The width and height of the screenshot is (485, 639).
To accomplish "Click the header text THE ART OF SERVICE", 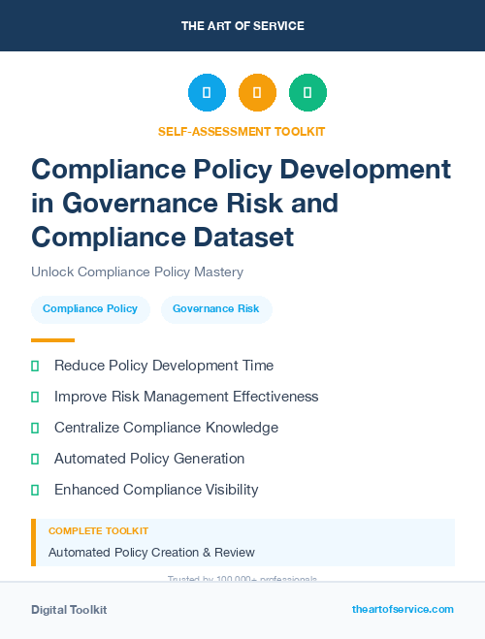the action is pyautogui.click(x=242, y=26).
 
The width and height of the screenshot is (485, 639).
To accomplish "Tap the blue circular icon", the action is pyautogui.click(x=207, y=93).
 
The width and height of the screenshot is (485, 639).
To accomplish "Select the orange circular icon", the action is pyautogui.click(x=257, y=93).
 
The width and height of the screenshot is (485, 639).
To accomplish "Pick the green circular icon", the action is pyautogui.click(x=307, y=93).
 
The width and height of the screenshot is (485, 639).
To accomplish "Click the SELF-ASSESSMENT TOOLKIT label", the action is pyautogui.click(x=242, y=131).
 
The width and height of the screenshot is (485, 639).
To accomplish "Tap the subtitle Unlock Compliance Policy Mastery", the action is pyautogui.click(x=137, y=272).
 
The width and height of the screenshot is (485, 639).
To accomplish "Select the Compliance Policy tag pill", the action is pyautogui.click(x=90, y=309).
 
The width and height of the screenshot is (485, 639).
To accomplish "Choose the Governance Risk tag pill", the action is pyautogui.click(x=216, y=309).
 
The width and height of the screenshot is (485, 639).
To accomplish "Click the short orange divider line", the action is pyautogui.click(x=52, y=340).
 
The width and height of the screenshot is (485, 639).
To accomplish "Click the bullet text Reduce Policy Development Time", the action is pyautogui.click(x=164, y=366).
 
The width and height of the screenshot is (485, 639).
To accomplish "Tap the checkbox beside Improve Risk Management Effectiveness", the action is pyautogui.click(x=35, y=397).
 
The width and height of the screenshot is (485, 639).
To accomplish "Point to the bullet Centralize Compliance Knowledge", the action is pyautogui.click(x=166, y=428).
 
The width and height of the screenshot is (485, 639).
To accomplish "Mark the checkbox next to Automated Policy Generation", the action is pyautogui.click(x=35, y=459).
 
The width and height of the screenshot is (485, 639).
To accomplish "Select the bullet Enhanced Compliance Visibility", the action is pyautogui.click(x=156, y=490).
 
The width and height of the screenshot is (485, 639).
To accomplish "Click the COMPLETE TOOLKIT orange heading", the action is pyautogui.click(x=98, y=531).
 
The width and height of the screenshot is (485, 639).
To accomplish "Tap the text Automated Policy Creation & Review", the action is pyautogui.click(x=151, y=553).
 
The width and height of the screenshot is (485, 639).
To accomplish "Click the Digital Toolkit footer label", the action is pyautogui.click(x=69, y=610).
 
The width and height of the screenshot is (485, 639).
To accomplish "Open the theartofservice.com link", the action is pyautogui.click(x=403, y=609).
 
